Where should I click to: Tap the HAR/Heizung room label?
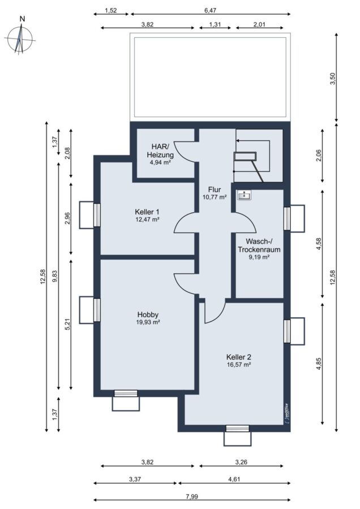(160, 150)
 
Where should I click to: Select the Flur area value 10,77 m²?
(214, 197)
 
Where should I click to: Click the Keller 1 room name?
(147, 212)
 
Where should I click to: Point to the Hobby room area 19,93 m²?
(148, 322)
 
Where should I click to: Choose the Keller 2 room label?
(238, 357)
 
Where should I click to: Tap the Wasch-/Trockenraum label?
(259, 245)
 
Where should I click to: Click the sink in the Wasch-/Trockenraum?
(245, 195)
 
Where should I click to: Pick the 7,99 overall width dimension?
(192, 497)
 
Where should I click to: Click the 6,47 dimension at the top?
(210, 10)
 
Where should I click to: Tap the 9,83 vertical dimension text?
(54, 277)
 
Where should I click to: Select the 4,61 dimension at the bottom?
(234, 479)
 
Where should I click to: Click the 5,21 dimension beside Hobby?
(67, 324)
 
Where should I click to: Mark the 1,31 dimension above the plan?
(215, 24)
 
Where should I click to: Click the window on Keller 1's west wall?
(97, 214)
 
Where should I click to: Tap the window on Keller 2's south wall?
(238, 429)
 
